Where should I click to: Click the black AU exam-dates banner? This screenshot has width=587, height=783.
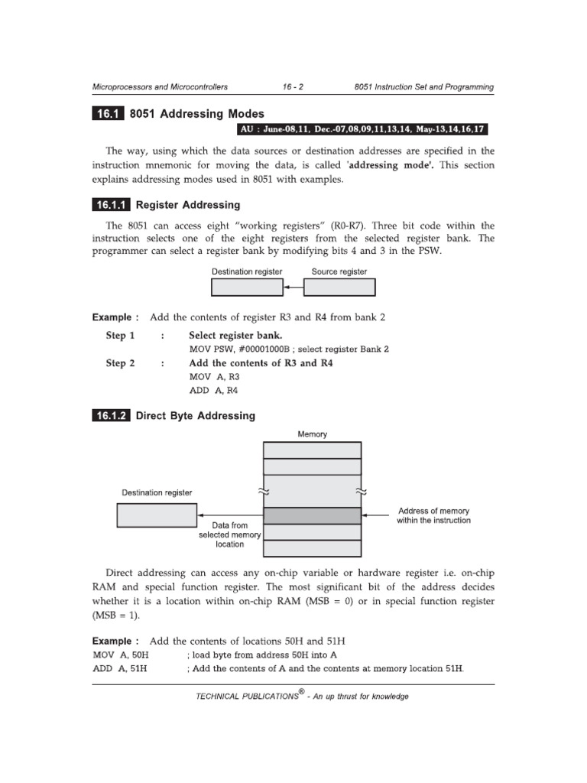(x=364, y=128)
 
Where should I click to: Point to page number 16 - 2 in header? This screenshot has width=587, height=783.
(x=293, y=87)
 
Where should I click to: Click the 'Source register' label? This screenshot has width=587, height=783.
(x=339, y=271)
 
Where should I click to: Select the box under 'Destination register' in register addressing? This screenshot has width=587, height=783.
(x=247, y=287)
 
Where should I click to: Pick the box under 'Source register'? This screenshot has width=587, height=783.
(x=339, y=287)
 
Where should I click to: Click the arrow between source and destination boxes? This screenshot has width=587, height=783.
(x=293, y=287)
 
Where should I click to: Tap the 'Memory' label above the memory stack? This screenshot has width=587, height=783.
(x=313, y=434)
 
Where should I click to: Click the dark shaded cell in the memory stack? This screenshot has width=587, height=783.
(x=312, y=515)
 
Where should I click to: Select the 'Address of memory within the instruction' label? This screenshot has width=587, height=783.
(x=434, y=515)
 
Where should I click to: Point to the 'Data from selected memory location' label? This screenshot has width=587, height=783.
(x=230, y=535)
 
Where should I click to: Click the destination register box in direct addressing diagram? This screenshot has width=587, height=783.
(x=157, y=515)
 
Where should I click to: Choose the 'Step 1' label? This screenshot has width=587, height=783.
(x=120, y=336)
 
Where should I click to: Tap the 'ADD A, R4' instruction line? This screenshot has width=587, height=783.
(x=214, y=391)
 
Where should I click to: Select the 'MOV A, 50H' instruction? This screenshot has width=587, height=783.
(x=121, y=655)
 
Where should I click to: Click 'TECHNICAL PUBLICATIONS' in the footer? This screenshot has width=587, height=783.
(x=246, y=697)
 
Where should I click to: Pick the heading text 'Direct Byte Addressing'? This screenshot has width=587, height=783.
(x=195, y=416)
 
